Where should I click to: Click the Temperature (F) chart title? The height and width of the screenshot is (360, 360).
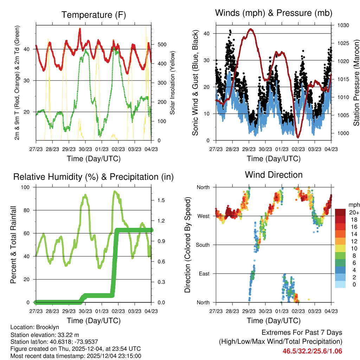(94, 15)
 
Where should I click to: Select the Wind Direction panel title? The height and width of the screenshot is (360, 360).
(274, 174)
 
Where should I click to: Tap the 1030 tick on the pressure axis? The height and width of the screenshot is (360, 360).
(343, 25)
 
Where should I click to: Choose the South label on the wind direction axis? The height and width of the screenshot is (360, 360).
(202, 245)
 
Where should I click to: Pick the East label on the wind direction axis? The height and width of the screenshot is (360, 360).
(204, 274)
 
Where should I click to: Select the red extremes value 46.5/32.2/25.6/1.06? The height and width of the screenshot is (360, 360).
(312, 351)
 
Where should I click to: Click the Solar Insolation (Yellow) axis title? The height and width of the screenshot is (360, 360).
(173, 83)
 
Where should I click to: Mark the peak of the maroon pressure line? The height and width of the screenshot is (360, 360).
(251, 29)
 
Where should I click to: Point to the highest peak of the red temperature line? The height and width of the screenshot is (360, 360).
(80, 29)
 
